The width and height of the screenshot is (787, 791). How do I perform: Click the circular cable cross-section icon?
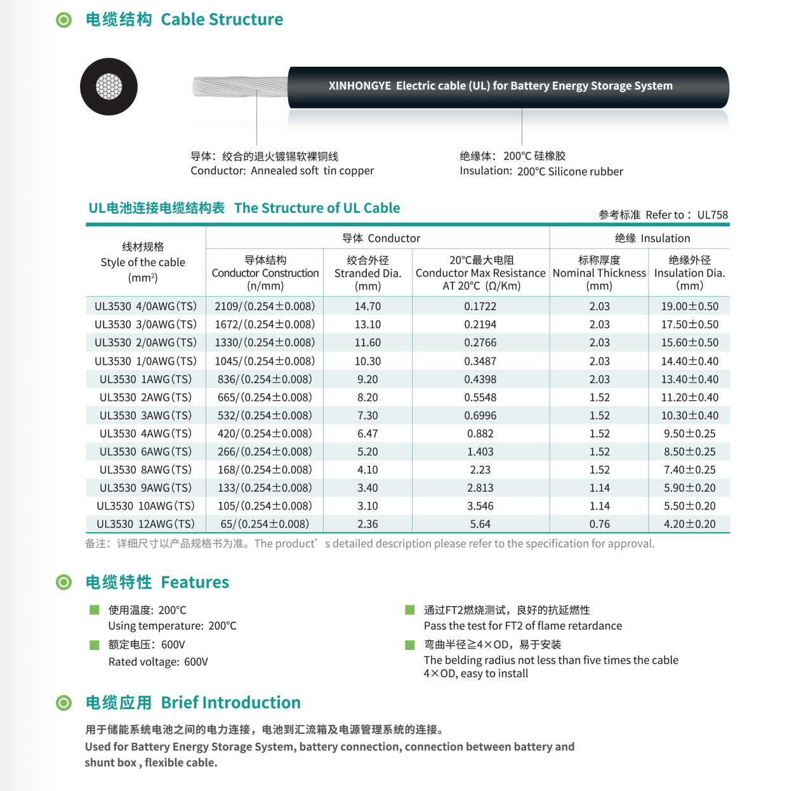tap(109, 87)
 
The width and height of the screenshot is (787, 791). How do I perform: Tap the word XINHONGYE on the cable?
tap(359, 86)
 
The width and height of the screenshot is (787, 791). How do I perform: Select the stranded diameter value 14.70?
tap(367, 306)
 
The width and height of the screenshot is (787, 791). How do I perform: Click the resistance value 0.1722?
tap(480, 306)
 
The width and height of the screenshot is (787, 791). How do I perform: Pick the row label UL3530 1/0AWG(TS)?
tap(145, 361)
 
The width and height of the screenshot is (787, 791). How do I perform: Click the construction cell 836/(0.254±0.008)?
tap(265, 379)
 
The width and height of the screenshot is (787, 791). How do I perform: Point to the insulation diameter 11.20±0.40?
tap(689, 398)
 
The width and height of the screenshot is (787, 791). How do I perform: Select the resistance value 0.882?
tap(480, 434)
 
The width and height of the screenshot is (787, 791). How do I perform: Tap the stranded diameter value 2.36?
tap(367, 524)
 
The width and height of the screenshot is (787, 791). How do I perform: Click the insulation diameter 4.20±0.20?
tap(689, 524)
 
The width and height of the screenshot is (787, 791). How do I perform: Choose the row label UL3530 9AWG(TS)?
tap(145, 488)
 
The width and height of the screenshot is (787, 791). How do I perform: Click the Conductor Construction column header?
tap(265, 273)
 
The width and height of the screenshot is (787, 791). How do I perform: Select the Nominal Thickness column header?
tap(599, 273)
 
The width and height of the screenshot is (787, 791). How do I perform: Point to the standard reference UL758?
tap(712, 215)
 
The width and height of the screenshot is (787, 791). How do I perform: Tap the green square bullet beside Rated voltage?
tap(95, 645)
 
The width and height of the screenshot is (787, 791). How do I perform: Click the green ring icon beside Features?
tap(64, 582)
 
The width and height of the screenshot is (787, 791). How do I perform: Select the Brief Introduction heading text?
tap(230, 703)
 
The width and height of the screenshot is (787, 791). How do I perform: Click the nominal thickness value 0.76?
tap(599, 524)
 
